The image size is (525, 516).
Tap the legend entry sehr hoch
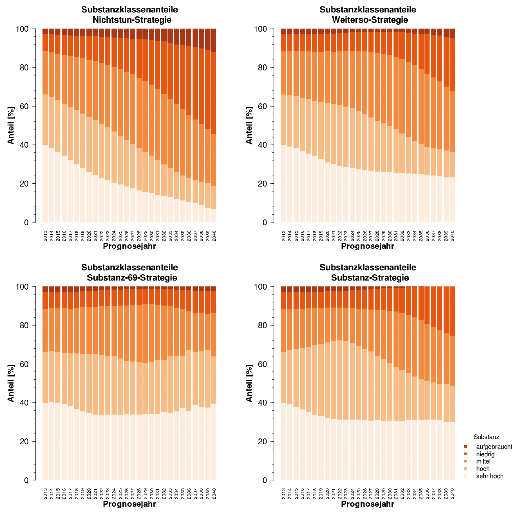tap(489, 476)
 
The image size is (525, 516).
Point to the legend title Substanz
tap(486, 437)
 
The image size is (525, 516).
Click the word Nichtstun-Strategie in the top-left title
tap(132, 20)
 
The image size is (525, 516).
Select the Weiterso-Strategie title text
tap(370, 20)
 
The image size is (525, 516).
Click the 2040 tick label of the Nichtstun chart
tap(214, 236)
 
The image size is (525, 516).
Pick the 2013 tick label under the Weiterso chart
tap(283, 236)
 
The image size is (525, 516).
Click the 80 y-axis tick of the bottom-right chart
tap(262, 325)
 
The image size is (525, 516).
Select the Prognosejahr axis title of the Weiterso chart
tap(367, 246)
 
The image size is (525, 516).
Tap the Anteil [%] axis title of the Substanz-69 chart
tap(11, 383)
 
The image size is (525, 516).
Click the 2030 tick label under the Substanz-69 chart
tap(152, 493)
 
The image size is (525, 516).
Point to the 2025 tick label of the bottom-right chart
tap(358, 493)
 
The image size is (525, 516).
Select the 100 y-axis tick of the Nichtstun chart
tap(22, 29)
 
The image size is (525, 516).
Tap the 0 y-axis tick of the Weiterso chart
tap(265, 222)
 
